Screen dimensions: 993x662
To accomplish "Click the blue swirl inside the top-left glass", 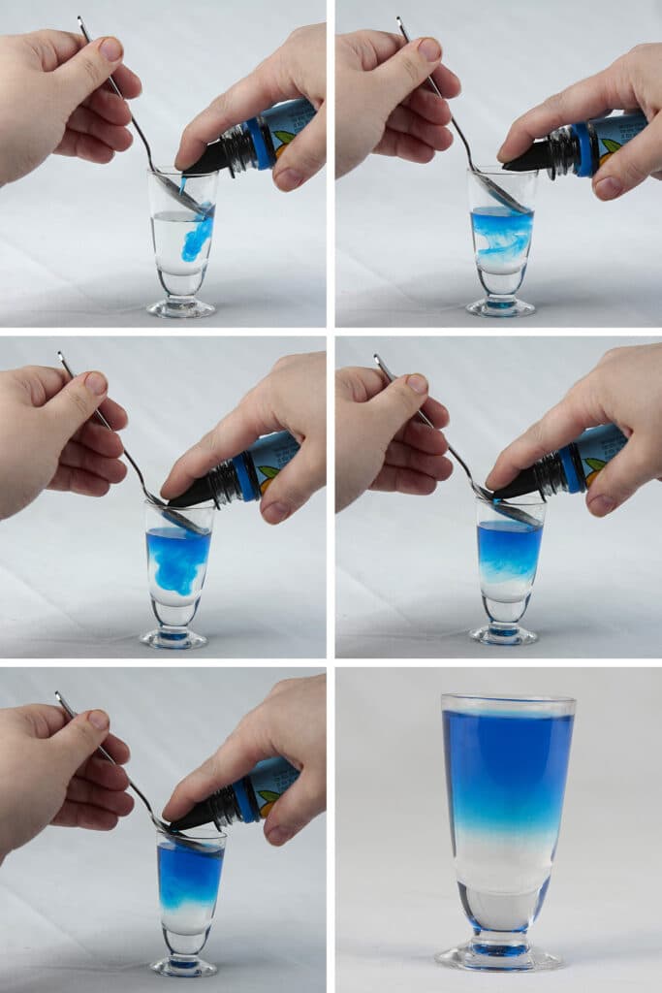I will click(x=197, y=237).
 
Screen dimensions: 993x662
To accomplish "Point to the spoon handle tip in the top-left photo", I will click(x=81, y=19).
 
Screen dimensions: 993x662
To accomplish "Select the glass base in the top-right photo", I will click(x=500, y=306).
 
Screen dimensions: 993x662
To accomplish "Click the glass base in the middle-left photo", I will click(x=173, y=638).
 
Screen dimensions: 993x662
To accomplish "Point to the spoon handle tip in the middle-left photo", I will click(x=61, y=356).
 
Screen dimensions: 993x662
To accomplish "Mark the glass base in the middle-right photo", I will click(x=503, y=634).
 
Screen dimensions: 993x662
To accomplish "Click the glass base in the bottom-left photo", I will click(x=184, y=966).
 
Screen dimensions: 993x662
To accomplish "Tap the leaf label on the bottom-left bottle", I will click(x=268, y=798).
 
